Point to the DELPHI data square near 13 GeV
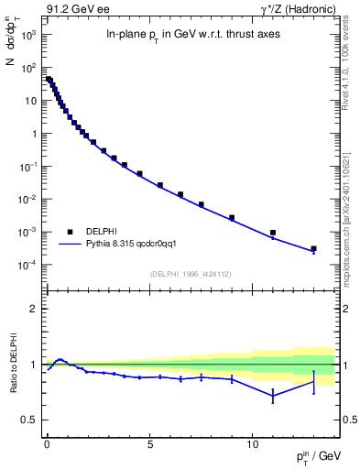pyautogui.click(x=313, y=248)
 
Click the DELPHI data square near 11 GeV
pyautogui.click(x=273, y=233)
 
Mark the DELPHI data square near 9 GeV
pyautogui.click(x=232, y=218)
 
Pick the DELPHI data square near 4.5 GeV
pyautogui.click(x=139, y=173)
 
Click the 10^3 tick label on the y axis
pyautogui.click(x=27, y=35)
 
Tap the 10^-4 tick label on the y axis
pyautogui.click(x=27, y=266)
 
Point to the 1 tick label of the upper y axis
pyautogui.click(x=33, y=134)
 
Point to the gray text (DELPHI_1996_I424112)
pyautogui.click(x=190, y=273)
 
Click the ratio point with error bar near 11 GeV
pyautogui.click(x=273, y=395)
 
